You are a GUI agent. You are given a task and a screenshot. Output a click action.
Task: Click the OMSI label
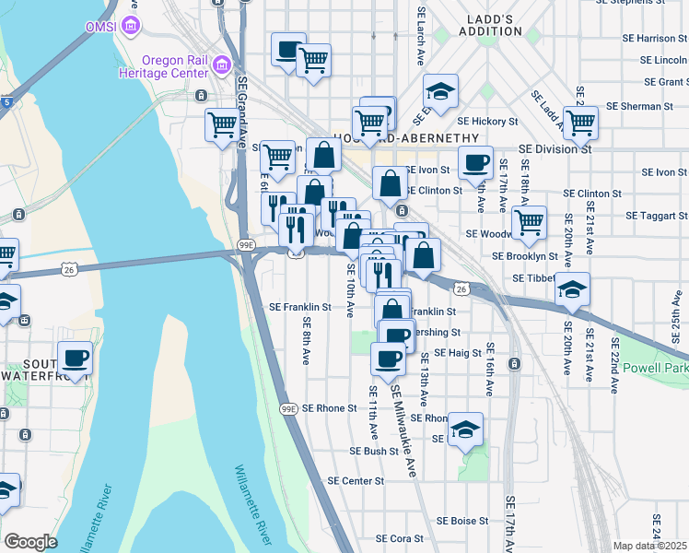101,26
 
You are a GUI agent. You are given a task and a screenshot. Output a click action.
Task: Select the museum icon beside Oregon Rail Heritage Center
222,65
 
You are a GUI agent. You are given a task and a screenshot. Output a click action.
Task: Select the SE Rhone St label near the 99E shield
329,408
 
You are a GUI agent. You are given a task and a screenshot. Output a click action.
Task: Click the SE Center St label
356,481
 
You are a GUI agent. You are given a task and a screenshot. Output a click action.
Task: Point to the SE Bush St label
373,452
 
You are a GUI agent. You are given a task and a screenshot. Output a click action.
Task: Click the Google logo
30,542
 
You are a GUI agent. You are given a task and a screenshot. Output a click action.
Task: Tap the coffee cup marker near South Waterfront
74,357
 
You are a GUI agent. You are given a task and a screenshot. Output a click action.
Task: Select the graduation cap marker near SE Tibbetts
572,290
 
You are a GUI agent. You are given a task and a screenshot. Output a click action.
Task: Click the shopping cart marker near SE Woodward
529,221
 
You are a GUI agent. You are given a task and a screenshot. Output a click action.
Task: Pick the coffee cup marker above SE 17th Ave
476,162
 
